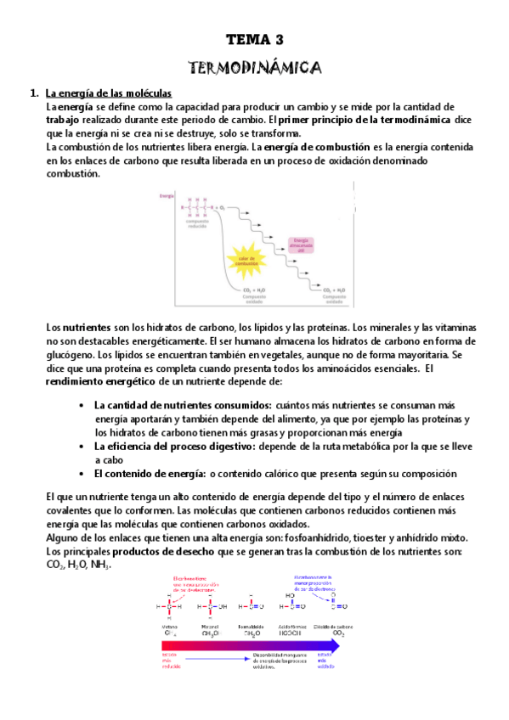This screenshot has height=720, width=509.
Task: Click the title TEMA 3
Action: [255, 40]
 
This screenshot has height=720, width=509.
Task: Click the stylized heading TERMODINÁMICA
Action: [254, 66]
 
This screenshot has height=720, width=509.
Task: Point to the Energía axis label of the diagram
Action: [167, 196]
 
